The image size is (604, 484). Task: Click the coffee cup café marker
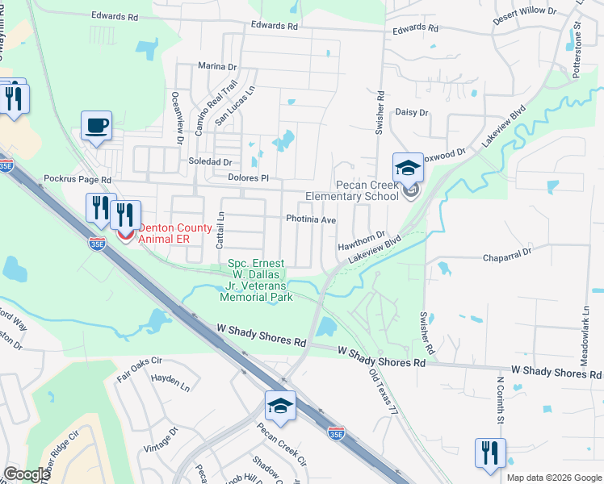click(96, 127)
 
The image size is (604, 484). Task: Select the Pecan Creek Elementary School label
click(351, 190)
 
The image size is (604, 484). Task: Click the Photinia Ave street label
click(310, 219)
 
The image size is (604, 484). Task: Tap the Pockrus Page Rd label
click(78, 178)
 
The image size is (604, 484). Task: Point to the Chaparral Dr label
click(505, 252)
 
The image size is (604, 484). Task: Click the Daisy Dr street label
click(412, 113)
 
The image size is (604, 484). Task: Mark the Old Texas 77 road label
click(384, 393)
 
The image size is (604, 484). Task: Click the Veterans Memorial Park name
click(257, 279)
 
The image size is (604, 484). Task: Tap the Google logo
click(27, 474)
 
